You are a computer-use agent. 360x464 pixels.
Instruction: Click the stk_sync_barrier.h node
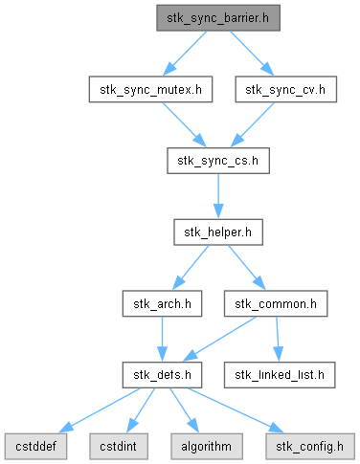click(218, 18)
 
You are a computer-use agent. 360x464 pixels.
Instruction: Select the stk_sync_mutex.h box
click(150, 89)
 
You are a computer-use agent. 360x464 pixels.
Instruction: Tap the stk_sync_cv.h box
click(286, 89)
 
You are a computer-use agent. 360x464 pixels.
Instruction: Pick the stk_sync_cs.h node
click(218, 161)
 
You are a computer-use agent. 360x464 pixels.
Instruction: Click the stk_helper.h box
click(218, 232)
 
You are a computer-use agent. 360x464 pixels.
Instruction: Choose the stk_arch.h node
click(162, 303)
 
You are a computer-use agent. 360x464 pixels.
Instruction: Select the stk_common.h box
click(276, 303)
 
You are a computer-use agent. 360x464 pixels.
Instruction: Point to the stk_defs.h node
click(162, 375)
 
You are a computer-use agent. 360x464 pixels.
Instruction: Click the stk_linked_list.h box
click(280, 375)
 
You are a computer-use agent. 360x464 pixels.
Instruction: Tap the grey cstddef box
click(35, 447)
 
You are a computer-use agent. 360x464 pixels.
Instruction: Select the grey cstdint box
click(119, 447)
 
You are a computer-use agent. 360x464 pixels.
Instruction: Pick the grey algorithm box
click(207, 447)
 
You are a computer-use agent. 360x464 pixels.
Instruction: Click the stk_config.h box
click(310, 447)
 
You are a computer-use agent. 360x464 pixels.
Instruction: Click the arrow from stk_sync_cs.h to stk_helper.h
click(218, 196)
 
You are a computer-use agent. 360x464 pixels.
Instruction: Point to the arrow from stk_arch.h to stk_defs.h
click(162, 339)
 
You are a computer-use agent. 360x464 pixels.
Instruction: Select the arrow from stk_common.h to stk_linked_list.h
click(278, 339)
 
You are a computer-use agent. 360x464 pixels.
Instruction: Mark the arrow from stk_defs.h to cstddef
click(100, 410)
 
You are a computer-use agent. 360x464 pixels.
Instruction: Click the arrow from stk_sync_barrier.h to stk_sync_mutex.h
click(185, 54)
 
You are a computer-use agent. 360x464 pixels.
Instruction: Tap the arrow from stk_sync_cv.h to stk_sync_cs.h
click(253, 124)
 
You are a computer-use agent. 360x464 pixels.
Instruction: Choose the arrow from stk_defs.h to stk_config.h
click(236, 410)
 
